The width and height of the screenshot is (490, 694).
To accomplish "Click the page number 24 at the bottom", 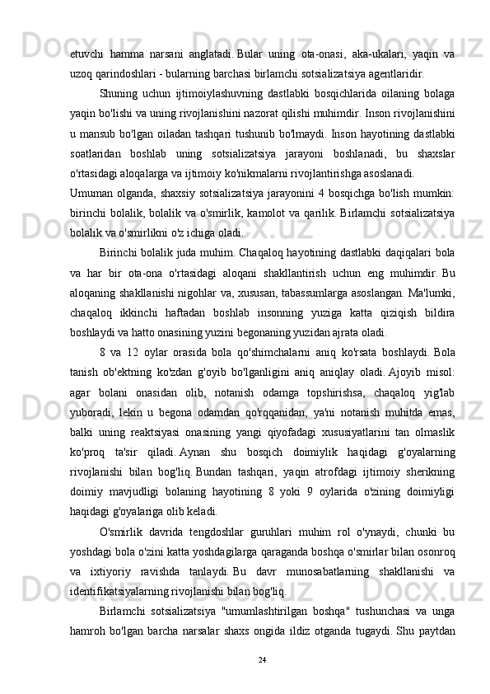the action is pyautogui.click(x=263, y=659).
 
